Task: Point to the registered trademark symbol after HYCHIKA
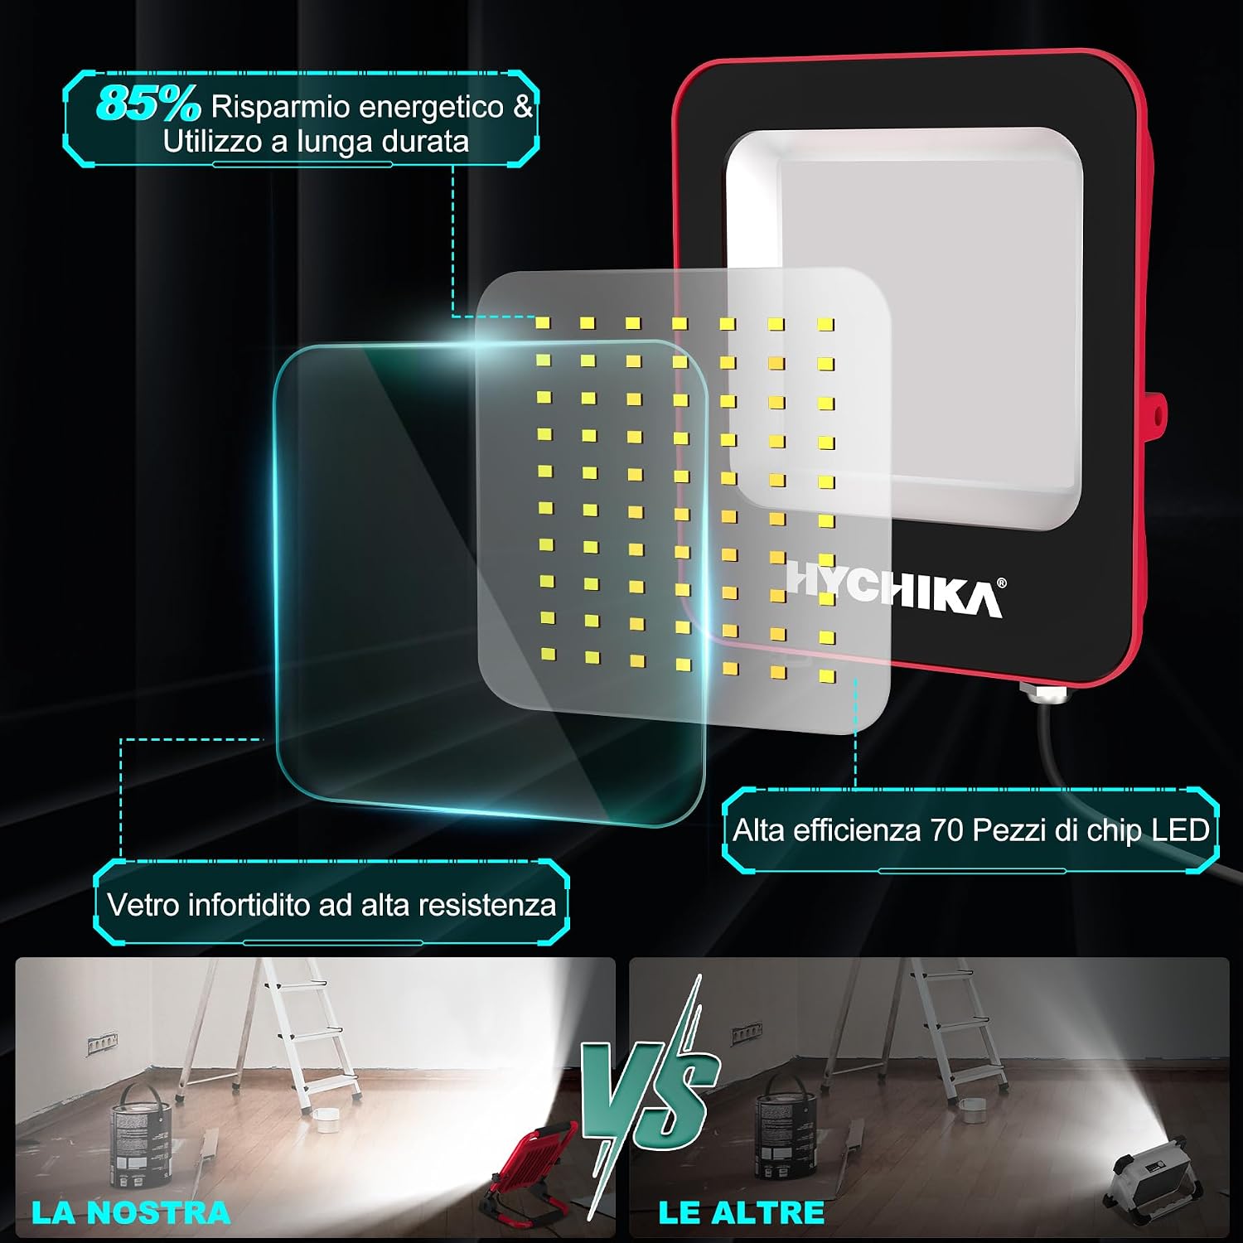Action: (x=1002, y=583)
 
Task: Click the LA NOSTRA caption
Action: (x=131, y=1212)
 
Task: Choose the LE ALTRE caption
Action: (x=742, y=1212)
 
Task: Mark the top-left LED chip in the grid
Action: (x=543, y=322)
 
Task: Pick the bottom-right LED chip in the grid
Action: (x=826, y=677)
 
